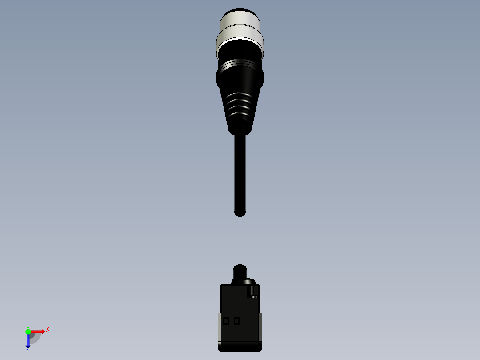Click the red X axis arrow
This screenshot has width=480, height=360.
click(x=39, y=331)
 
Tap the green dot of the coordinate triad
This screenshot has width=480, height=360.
click(x=28, y=331)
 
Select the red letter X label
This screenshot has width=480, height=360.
click(x=48, y=330)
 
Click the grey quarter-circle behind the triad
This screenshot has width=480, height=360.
click(x=35, y=338)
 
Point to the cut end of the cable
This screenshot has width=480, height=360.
click(x=240, y=213)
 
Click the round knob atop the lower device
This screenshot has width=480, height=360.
click(x=240, y=271)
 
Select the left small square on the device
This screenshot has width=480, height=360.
click(x=226, y=321)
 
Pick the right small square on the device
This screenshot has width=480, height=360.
click(x=236, y=321)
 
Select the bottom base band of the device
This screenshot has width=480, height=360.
click(x=240, y=346)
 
